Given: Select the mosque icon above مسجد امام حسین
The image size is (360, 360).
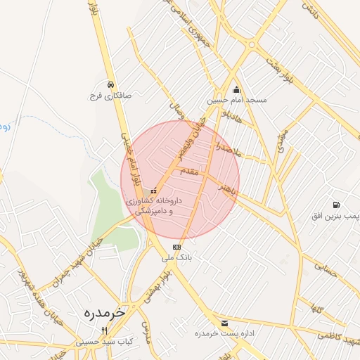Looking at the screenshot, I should pyautogui.click(x=236, y=90).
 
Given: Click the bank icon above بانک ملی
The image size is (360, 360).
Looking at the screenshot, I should pyautogui.click(x=176, y=247).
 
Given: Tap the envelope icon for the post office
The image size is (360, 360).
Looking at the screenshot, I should pyautogui.click(x=225, y=323).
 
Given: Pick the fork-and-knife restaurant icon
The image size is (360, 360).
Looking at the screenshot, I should pyautogui.click(x=105, y=330).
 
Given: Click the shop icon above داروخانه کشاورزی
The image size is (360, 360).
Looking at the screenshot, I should pyautogui.click(x=154, y=191).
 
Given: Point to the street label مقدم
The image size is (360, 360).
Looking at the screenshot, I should pyautogui.click(x=190, y=171).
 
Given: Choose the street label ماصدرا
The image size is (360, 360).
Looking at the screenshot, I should pyautogui.click(x=229, y=149).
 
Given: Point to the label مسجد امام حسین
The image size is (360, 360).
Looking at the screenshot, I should pyautogui.click(x=236, y=101).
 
